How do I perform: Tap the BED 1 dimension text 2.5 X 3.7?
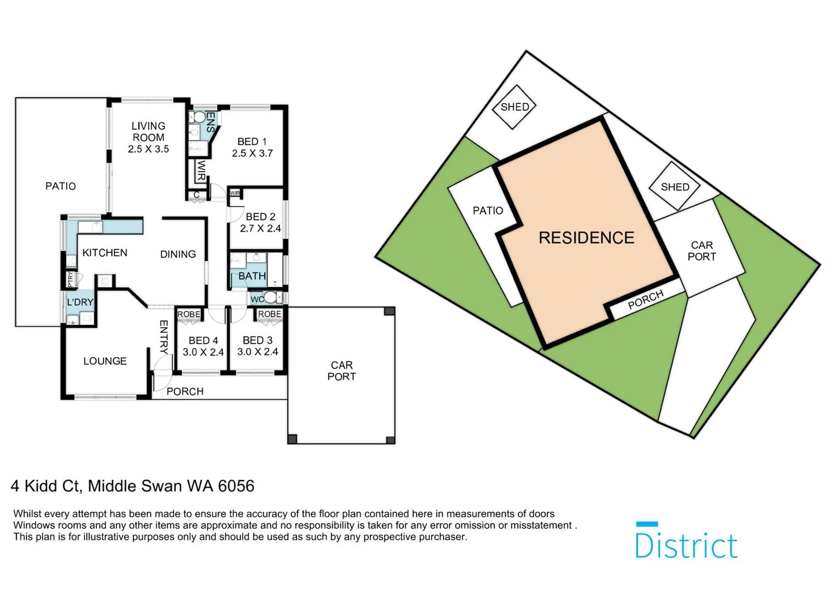(x=252, y=154)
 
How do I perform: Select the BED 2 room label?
(x=261, y=217)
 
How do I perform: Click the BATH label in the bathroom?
(x=252, y=276)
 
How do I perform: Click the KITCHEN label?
(x=105, y=252)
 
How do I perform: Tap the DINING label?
(x=178, y=254)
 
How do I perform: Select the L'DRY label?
(x=80, y=302)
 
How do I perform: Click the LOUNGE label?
(x=105, y=361)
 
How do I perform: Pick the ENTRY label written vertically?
(x=164, y=337)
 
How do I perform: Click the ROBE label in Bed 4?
(x=189, y=314)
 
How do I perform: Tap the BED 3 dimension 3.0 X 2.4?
(x=257, y=352)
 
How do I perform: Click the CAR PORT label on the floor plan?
(x=341, y=371)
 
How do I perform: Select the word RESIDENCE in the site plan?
(x=587, y=238)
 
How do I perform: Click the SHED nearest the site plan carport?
(x=675, y=187)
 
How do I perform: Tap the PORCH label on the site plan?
(x=646, y=299)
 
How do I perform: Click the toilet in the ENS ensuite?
(x=196, y=117)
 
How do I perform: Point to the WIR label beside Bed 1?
(x=200, y=171)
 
